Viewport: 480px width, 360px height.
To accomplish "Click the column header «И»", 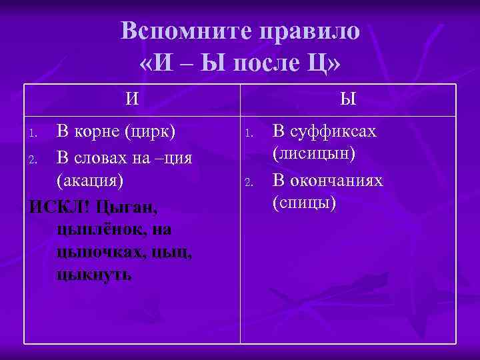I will coord(133,99).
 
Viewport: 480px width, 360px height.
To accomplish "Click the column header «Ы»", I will coord(348,99).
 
